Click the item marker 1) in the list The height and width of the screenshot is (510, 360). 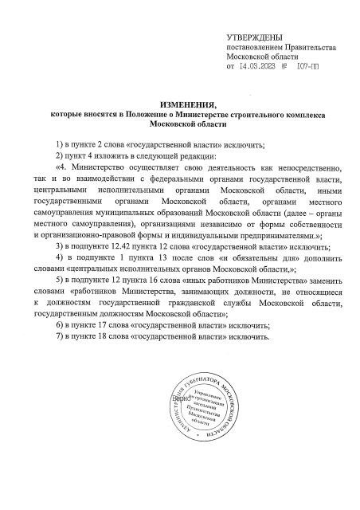tap(60, 144)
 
